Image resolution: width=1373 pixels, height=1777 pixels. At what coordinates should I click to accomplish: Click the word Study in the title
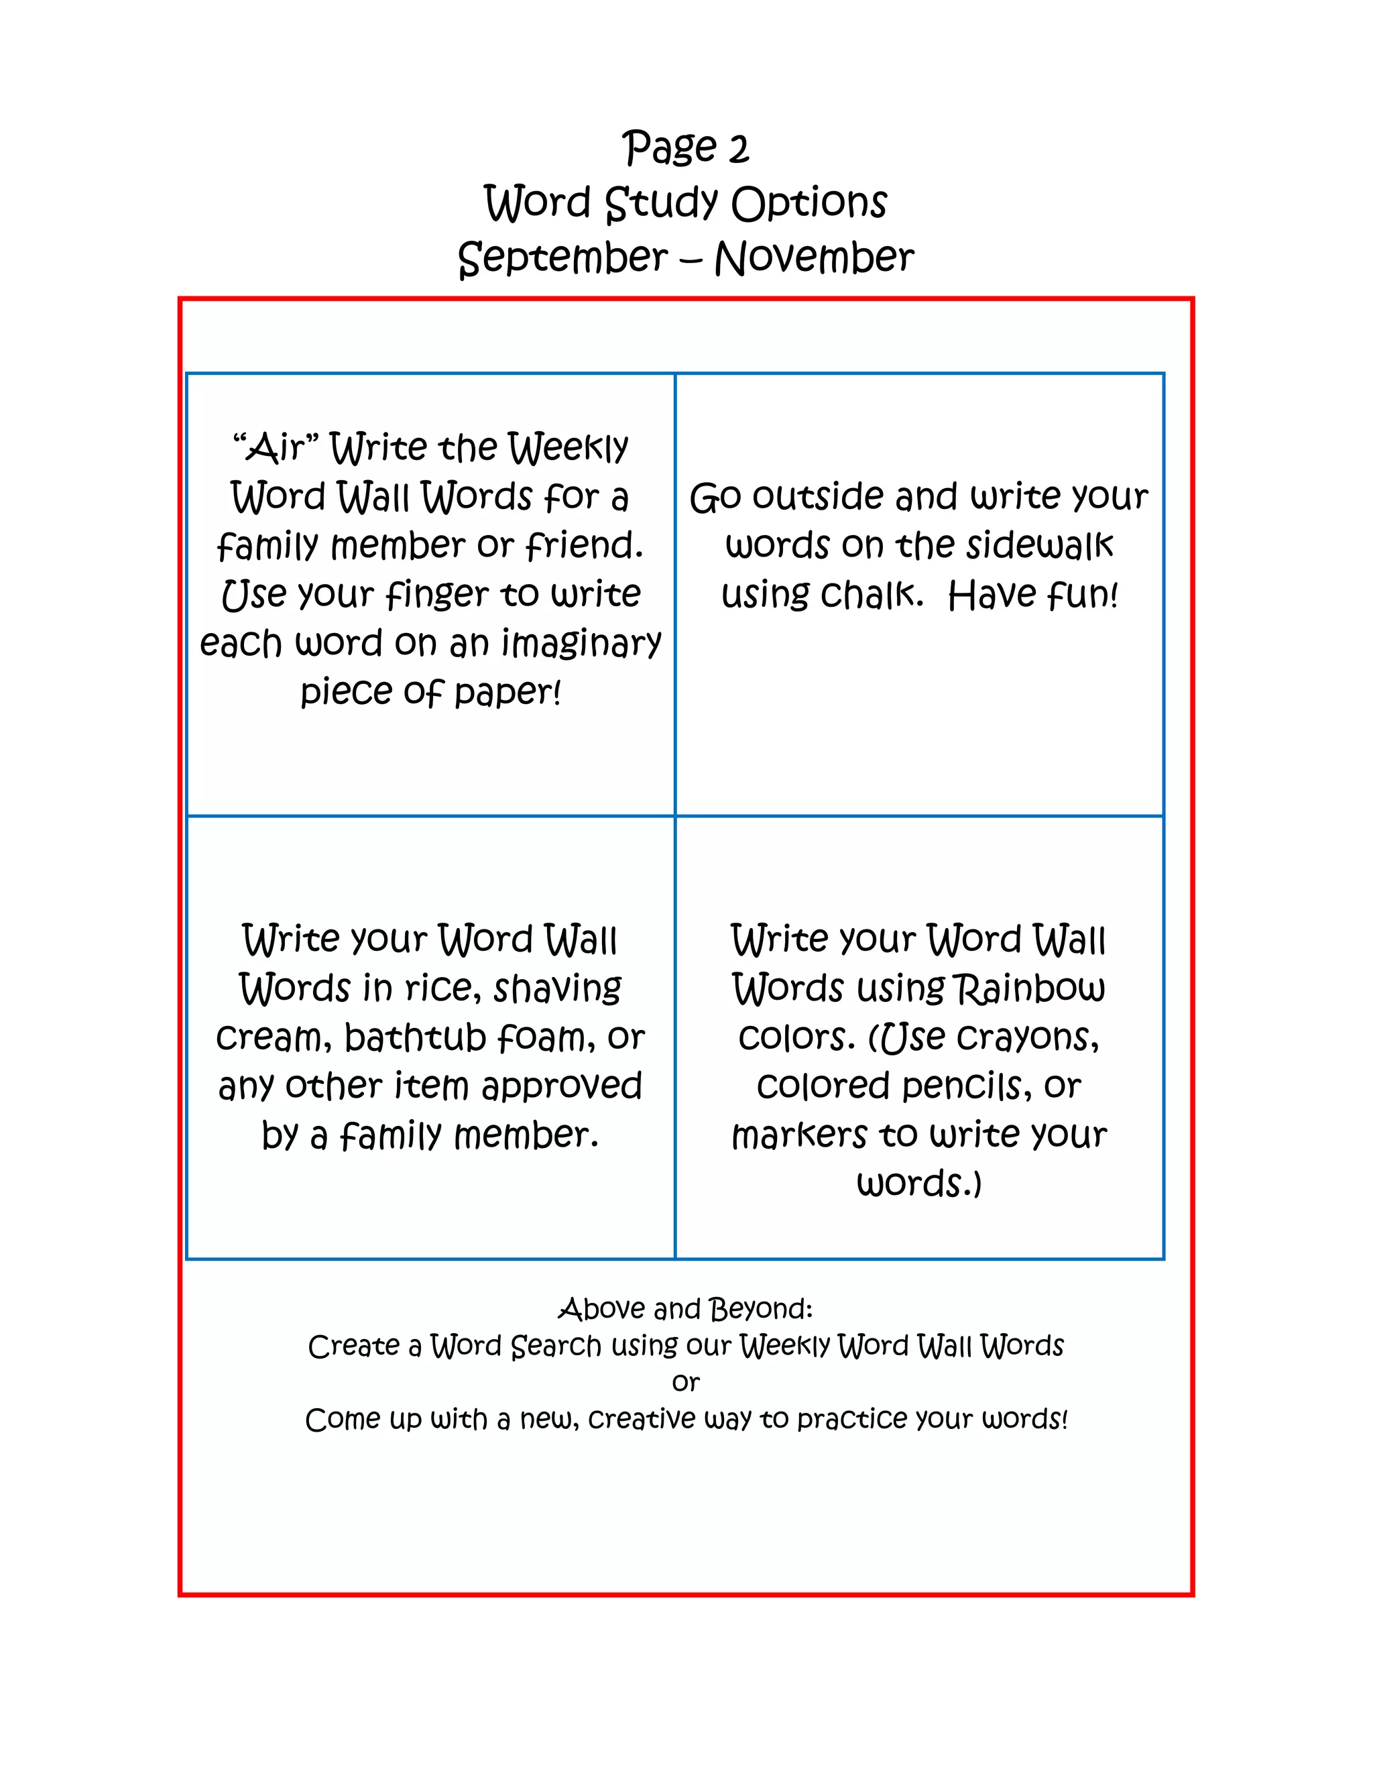pyautogui.click(x=661, y=203)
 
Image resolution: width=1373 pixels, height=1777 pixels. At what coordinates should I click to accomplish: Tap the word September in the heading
pyautogui.click(x=563, y=259)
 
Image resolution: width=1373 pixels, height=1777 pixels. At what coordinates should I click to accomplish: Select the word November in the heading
pyautogui.click(x=814, y=259)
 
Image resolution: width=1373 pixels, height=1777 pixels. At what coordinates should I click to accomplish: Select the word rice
pyautogui.click(x=438, y=988)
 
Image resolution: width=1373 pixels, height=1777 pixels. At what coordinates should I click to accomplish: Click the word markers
pyautogui.click(x=798, y=1135)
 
